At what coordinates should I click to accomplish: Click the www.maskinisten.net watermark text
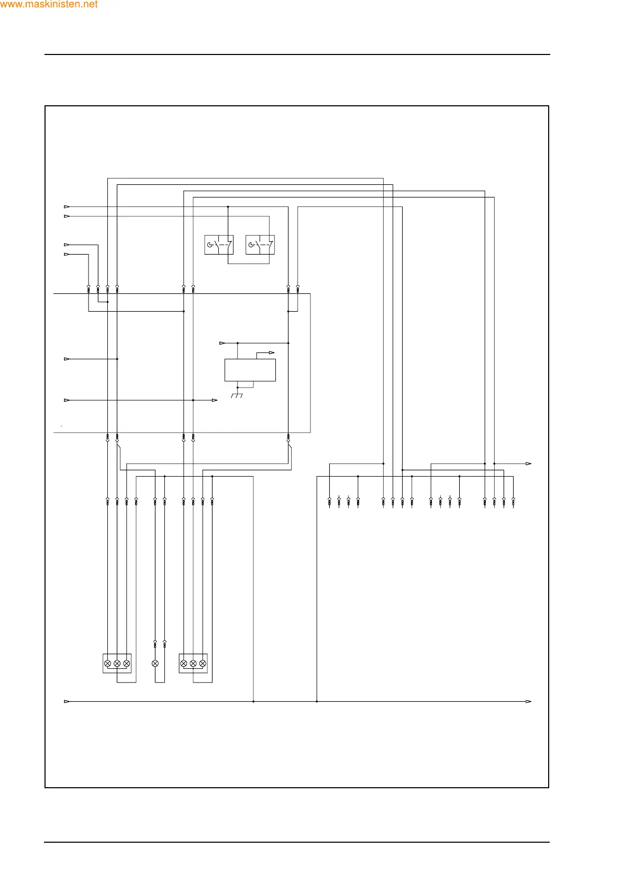(49, 5)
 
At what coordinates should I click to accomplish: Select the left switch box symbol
(218, 245)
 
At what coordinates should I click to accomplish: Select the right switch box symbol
(260, 245)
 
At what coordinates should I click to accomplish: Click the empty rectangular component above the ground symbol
(250, 370)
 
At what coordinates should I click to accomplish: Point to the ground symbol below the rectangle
(237, 395)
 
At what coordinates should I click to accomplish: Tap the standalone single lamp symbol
(155, 663)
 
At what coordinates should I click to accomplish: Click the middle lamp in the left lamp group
(117, 663)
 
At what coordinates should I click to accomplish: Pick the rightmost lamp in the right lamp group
(203, 663)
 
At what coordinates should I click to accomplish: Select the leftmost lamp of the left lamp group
(108, 663)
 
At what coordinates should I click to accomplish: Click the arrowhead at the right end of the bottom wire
(529, 701)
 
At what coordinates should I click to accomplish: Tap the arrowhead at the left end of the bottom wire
(66, 701)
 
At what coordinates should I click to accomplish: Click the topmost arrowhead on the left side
(66, 207)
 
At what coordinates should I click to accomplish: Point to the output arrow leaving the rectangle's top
(272, 352)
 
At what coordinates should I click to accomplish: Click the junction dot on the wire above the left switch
(228, 207)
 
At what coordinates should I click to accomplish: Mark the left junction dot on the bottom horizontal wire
(253, 701)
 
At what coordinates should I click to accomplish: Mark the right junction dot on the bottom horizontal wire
(317, 701)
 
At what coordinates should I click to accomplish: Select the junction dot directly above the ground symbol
(237, 388)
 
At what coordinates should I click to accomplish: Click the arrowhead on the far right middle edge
(529, 464)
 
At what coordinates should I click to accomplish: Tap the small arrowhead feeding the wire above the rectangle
(222, 343)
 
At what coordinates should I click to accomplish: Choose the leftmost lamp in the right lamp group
(184, 663)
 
